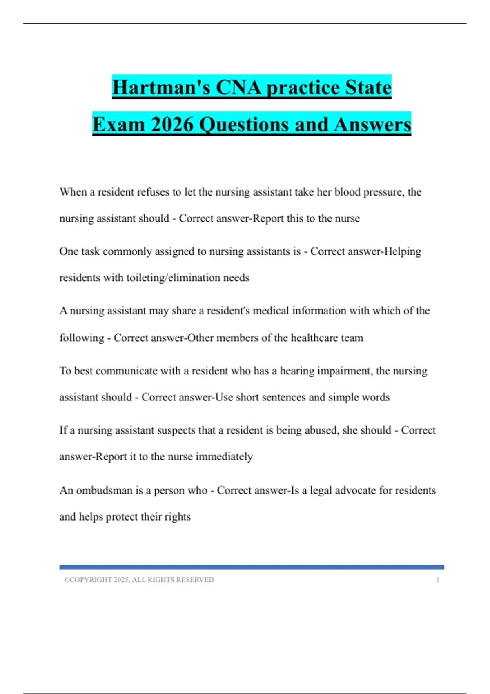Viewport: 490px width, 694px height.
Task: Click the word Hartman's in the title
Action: point(161,87)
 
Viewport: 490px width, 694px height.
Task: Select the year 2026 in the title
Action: point(171,125)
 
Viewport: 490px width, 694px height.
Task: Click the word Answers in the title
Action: point(372,125)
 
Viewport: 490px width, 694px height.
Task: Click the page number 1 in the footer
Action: point(437,580)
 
